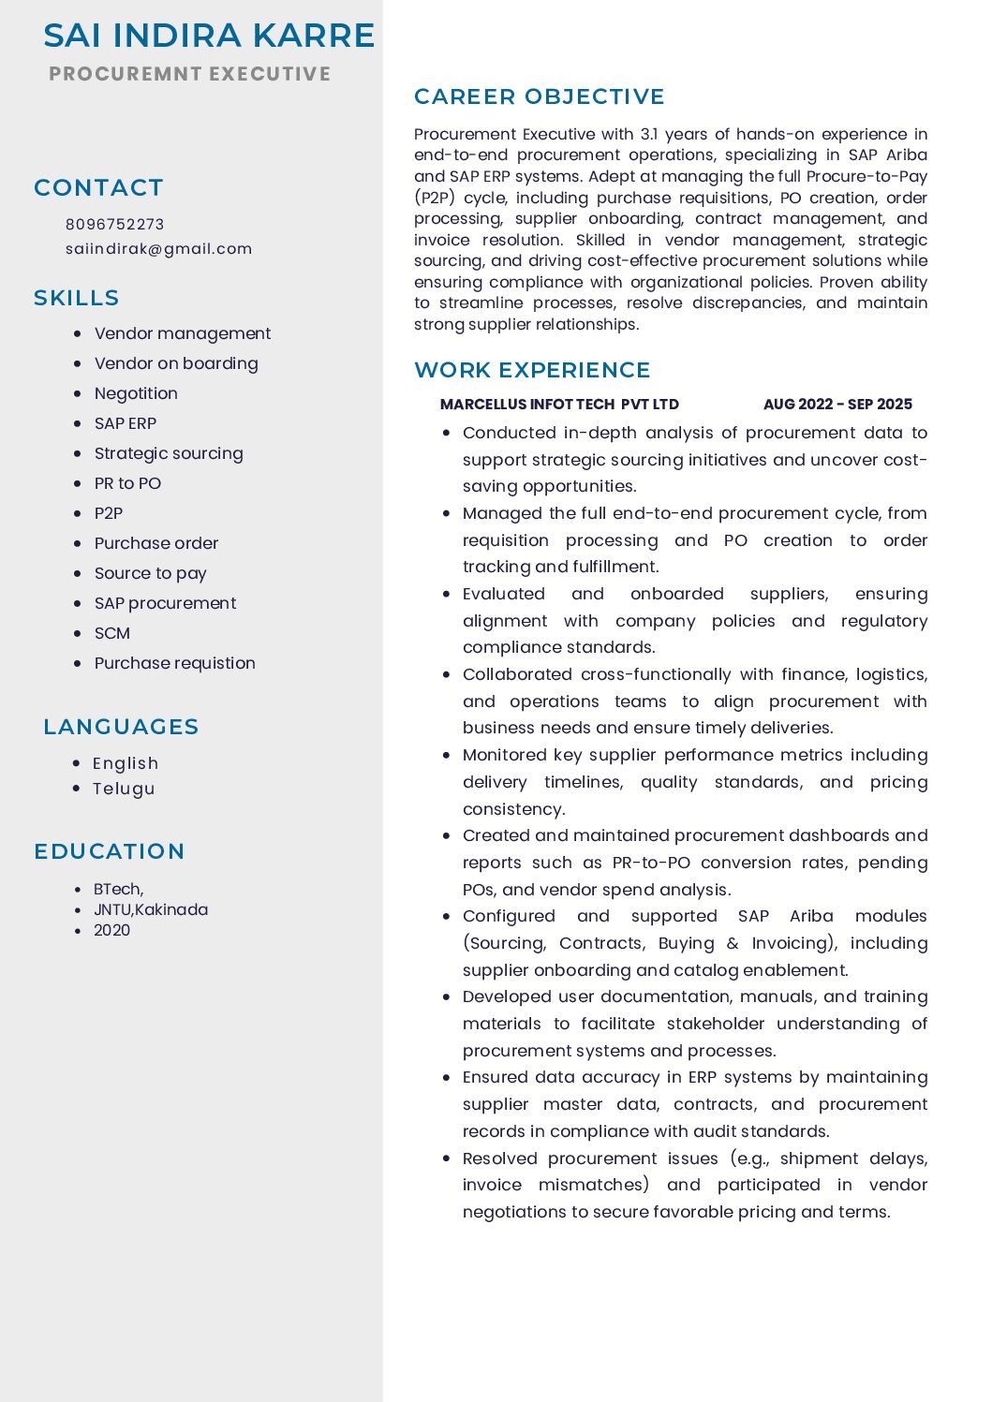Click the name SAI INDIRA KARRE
[x=209, y=36]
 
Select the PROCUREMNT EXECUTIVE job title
[x=189, y=74]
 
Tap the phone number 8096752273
[x=114, y=224]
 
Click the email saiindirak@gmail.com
[x=158, y=248]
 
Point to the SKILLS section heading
[x=77, y=298]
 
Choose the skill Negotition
[x=136, y=393]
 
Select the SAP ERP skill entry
[x=126, y=423]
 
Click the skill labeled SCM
[x=112, y=633]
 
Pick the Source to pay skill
[x=150, y=573]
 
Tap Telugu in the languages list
[x=124, y=789]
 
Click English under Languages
[x=126, y=763]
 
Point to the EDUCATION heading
[x=110, y=851]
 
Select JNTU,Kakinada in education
[x=151, y=909]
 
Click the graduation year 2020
[x=111, y=930]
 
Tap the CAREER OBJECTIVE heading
[x=540, y=96]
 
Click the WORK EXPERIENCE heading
[x=532, y=370]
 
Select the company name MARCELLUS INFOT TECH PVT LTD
[x=559, y=405]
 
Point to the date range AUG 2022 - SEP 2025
[x=837, y=405]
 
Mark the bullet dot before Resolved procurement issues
[x=447, y=1158]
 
